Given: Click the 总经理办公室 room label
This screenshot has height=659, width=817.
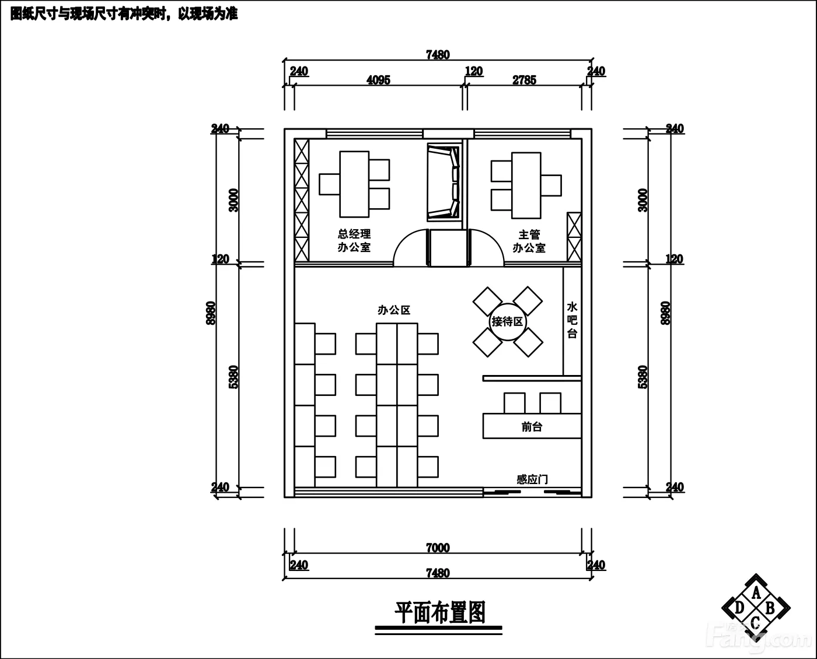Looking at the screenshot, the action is tap(354, 241).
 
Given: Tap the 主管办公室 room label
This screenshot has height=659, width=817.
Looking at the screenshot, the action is tap(529, 241).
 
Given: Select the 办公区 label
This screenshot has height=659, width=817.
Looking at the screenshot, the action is tap(394, 310).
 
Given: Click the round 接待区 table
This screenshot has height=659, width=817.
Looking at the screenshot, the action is tap(508, 322).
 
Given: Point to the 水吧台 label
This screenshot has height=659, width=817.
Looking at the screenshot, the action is tap(572, 320).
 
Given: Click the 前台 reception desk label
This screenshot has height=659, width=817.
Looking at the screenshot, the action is tap(532, 426).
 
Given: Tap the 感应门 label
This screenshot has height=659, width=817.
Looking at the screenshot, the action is tap(532, 479).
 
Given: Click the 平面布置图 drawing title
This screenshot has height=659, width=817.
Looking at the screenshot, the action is tap(440, 612).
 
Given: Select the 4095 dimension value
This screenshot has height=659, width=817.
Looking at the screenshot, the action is tap(378, 80).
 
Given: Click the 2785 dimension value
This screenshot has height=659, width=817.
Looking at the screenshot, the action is tap(524, 80).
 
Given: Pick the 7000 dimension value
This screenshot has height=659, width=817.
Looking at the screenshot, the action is tap(438, 548).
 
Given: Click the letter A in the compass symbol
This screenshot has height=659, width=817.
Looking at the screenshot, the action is tap(756, 593).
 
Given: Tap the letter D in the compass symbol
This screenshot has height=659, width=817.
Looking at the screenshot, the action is tap(739, 608).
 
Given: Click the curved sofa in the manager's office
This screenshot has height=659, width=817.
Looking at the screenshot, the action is tap(444, 183).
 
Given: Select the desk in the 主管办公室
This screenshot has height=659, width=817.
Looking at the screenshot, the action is tap(526, 185).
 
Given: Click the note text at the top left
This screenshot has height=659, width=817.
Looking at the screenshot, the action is tap(124, 14).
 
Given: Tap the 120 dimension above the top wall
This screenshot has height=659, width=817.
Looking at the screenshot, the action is tap(474, 71).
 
